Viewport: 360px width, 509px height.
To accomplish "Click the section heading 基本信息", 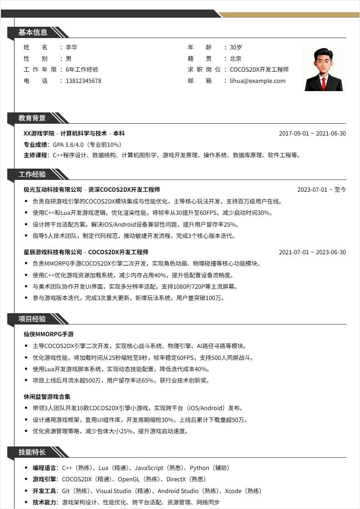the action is [33, 32].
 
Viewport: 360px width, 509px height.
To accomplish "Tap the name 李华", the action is [72, 47].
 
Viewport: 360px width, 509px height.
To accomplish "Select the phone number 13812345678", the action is [83, 81].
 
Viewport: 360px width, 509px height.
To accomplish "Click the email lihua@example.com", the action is [258, 81].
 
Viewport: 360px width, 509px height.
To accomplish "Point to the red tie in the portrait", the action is [324, 82].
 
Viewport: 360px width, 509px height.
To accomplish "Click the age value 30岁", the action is [236, 47].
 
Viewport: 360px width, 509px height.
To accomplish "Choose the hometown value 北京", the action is [236, 58].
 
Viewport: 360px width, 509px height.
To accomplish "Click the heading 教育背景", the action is [32, 118].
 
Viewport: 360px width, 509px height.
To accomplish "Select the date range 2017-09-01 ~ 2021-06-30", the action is [312, 134].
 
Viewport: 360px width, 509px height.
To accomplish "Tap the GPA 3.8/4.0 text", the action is [68, 145].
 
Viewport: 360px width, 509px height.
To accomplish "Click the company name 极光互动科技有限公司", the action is [53, 189].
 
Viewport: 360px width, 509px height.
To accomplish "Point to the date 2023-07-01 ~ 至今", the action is [321, 190].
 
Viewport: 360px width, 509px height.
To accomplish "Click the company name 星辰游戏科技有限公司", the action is [53, 252].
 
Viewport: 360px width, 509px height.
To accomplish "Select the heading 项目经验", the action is [32, 319].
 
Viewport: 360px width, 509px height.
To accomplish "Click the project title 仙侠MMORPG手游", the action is [49, 334].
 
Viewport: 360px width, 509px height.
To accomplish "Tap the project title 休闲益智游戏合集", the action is [47, 397].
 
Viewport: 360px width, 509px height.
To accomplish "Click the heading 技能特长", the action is [32, 452].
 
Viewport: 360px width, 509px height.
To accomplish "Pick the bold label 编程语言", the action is [44, 468].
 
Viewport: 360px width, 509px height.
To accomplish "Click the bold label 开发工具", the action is [44, 491].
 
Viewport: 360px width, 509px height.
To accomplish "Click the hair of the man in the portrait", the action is [323, 53].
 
